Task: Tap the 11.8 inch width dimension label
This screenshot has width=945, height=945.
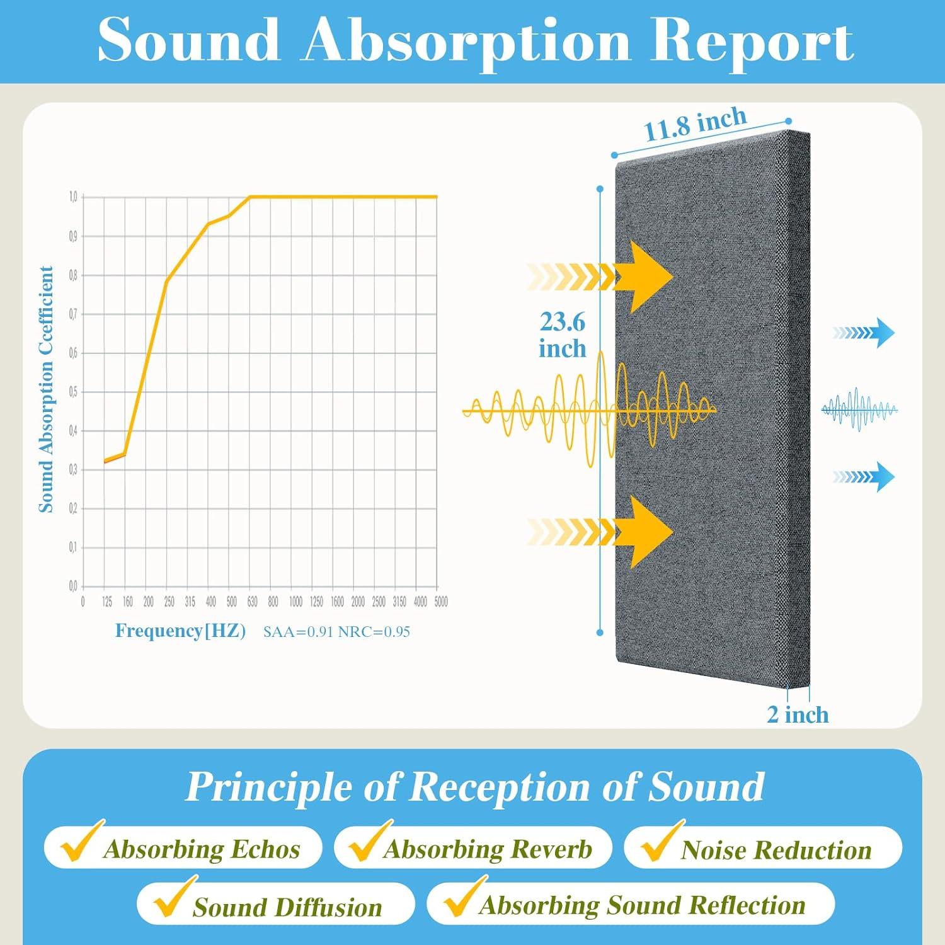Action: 695,123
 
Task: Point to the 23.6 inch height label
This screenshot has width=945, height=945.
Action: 562,335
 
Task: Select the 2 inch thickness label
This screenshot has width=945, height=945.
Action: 798,714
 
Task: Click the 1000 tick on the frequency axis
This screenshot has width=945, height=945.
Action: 295,602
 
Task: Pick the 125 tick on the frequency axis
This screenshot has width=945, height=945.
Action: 107,602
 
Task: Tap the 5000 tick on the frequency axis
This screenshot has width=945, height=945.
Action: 441,602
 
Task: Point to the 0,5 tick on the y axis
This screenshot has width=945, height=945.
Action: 73,392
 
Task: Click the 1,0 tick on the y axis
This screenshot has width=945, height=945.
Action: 73,197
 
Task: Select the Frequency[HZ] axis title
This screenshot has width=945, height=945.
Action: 180,631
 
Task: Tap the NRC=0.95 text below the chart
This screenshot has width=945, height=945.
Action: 374,632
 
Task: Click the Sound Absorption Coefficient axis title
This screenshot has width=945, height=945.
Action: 46,389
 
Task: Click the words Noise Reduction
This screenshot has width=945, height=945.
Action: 776,850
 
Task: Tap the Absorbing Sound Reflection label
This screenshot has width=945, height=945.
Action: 643,905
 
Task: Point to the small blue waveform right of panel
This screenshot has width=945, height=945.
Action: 859,409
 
